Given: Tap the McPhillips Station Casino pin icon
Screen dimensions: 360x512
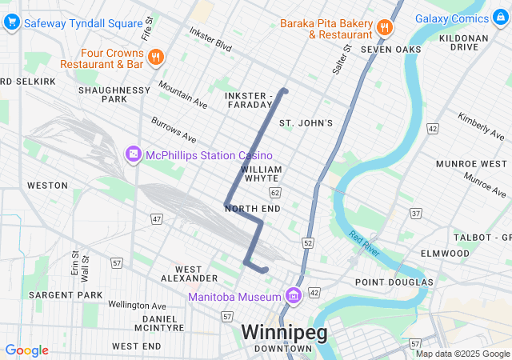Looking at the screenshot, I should point(133,154).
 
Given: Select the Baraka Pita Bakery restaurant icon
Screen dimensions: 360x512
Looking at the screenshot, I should point(385,28).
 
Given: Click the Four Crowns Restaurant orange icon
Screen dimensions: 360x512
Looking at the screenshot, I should point(155,58).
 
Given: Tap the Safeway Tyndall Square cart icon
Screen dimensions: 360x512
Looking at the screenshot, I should point(11,23).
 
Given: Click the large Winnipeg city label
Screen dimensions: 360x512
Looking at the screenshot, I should point(284,332).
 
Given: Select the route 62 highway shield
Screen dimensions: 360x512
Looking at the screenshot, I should point(275,193).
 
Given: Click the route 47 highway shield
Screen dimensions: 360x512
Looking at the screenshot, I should point(156,218).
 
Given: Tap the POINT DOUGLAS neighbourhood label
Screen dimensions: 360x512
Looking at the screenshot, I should point(394,282).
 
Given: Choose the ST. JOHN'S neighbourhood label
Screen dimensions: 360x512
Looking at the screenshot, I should point(305,123).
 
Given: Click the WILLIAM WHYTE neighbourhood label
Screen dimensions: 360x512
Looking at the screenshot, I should point(261,174).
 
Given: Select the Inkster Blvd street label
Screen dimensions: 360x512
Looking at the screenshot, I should point(210,41).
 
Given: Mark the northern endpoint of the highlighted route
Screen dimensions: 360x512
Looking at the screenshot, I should point(284,90).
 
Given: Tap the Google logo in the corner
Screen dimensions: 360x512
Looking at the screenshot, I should point(26,350).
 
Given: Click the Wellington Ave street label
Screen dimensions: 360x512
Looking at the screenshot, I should point(138,305).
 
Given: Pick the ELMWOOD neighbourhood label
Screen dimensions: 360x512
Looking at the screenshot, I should point(444,253).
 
